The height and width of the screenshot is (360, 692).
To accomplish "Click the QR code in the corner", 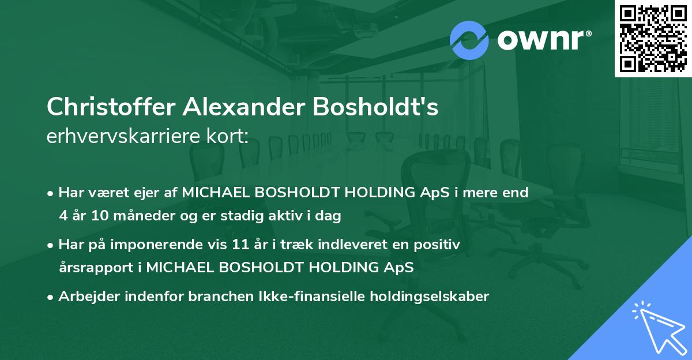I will point(653,38).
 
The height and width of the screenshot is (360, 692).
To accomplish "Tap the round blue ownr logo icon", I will point(469,40).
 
